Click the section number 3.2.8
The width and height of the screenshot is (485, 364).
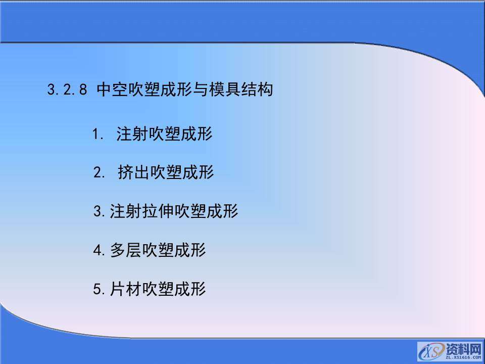[x=68, y=90]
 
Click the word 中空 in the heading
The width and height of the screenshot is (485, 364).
[x=112, y=90]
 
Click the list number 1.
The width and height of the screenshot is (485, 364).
[x=98, y=135]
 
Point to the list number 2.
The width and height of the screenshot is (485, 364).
[x=99, y=173]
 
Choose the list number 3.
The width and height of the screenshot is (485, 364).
[x=99, y=211]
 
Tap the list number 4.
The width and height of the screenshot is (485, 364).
[x=99, y=250]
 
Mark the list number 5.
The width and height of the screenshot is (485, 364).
[x=99, y=290]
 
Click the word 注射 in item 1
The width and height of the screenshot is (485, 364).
[x=132, y=134]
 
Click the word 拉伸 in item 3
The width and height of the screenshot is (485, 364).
[x=158, y=211]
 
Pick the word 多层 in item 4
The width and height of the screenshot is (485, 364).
[x=125, y=250]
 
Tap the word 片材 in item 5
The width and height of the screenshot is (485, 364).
[x=125, y=290]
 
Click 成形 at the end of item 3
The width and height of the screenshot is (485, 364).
[x=222, y=211]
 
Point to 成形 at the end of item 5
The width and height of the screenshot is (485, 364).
[x=190, y=290]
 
